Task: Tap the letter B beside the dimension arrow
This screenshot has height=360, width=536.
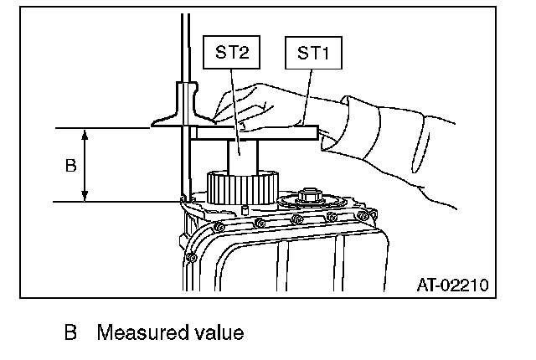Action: tap(70, 165)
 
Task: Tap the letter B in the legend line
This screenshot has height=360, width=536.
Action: tap(70, 333)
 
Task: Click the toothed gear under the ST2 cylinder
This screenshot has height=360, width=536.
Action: tap(242, 187)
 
